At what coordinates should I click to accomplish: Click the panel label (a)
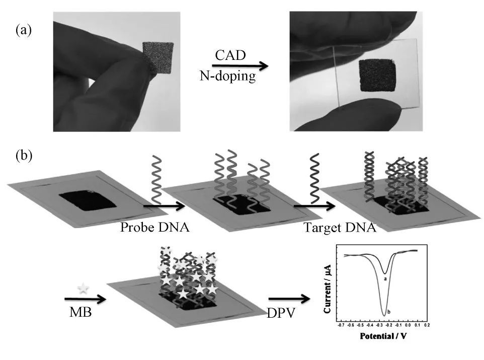tap(24, 30)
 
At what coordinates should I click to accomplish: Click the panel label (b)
tap(24, 155)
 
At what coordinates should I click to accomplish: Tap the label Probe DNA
tap(154, 228)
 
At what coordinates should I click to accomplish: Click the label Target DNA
tap(340, 228)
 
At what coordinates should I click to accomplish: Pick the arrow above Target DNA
tap(314, 205)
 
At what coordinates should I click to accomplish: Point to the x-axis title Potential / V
tap(382, 335)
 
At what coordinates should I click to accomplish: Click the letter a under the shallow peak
tap(385, 278)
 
